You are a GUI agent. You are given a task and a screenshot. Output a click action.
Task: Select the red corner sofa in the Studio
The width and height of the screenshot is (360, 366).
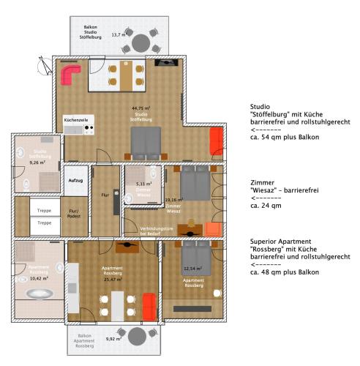click(70, 74)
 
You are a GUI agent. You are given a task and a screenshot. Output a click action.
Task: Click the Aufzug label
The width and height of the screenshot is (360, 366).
click(75, 179)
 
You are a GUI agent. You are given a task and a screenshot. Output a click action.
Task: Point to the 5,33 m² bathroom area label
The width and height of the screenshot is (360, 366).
click(144, 184)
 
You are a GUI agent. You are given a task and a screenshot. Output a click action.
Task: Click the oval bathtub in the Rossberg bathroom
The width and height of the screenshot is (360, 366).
click(39, 293)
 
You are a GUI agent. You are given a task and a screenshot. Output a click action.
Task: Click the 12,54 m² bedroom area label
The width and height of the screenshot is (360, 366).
click(193, 268)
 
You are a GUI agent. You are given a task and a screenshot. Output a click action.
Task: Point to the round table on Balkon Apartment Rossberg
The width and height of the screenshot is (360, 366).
click(137, 337)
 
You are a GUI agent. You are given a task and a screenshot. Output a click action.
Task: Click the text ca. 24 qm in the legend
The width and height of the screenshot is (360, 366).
click(266, 206)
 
